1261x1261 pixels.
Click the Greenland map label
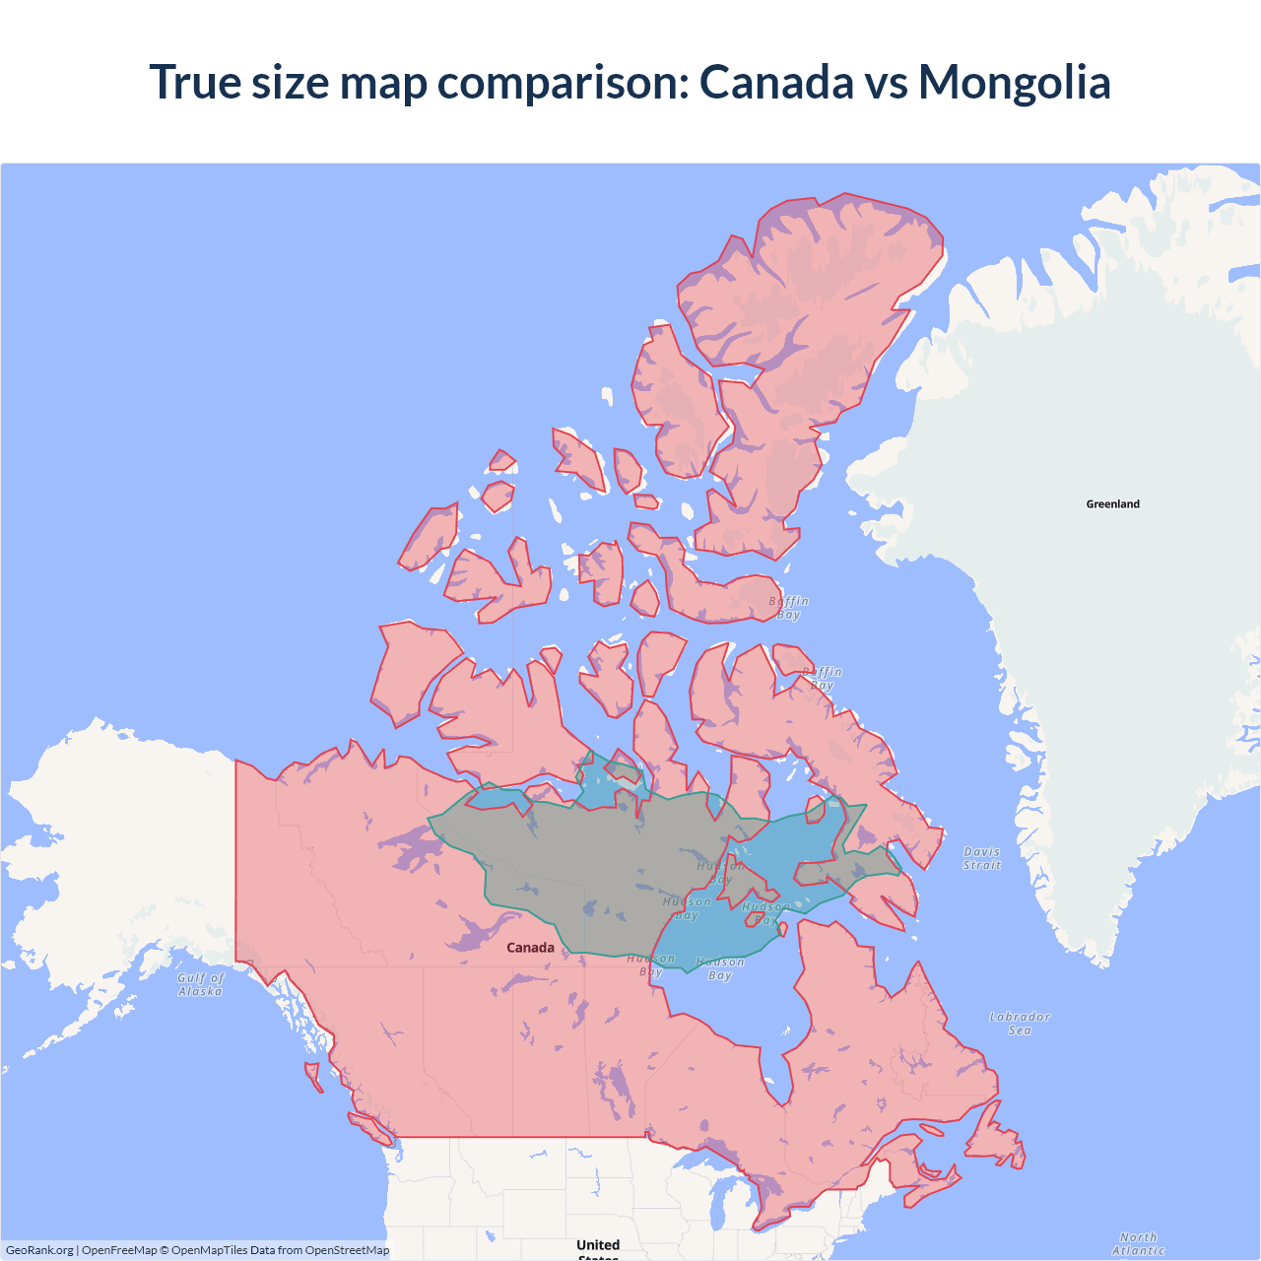(1112, 504)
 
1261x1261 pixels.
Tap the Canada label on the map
(530, 948)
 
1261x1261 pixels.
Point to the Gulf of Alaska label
(201, 985)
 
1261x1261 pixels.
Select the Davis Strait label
(982, 858)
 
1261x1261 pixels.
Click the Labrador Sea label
(1020, 1024)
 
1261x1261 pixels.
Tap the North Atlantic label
(1138, 1244)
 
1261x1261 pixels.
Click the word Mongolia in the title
(1014, 82)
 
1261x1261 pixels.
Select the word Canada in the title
(776, 82)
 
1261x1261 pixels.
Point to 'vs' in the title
(887, 82)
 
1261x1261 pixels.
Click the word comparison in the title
(563, 82)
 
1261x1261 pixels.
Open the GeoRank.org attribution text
(39, 1250)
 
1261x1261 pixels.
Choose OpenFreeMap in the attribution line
(119, 1250)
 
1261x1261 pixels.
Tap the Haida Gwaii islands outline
(313, 1076)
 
